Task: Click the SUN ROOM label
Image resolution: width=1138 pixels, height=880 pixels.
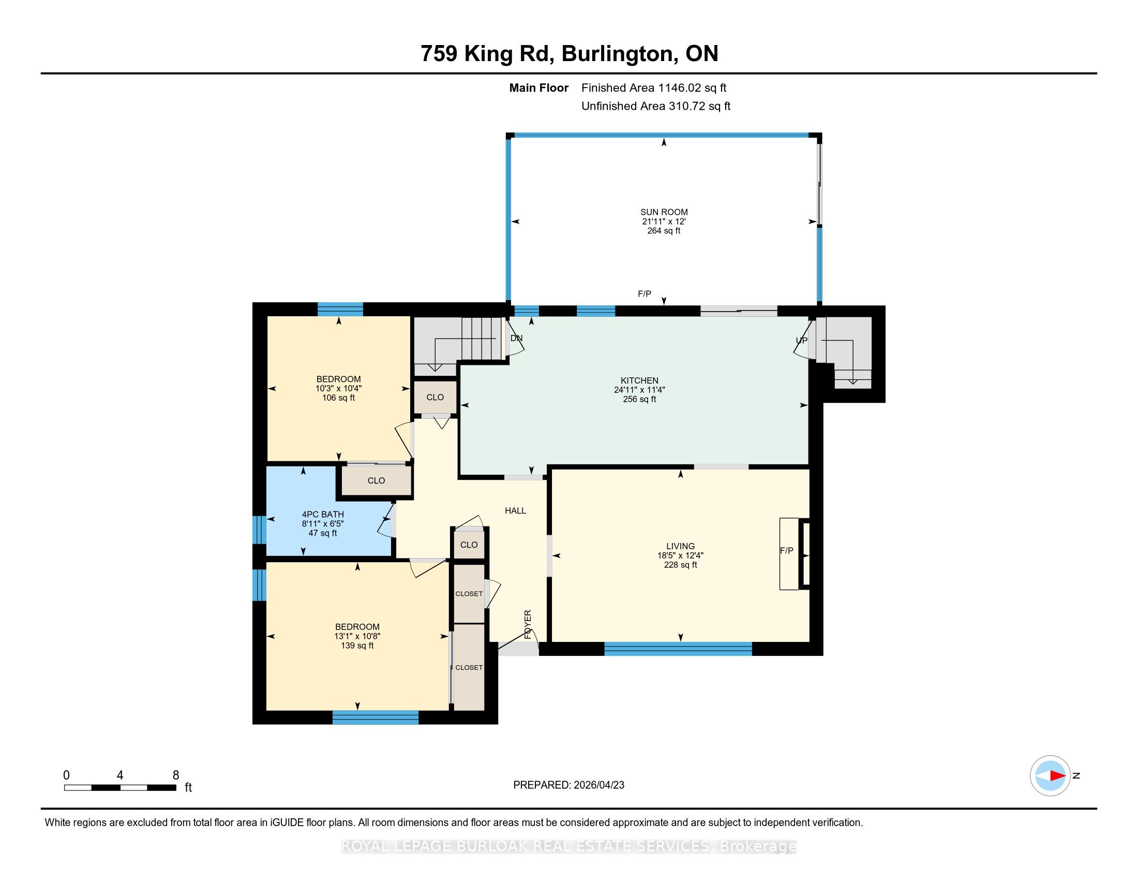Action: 664,212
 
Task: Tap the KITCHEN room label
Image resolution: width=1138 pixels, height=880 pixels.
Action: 639,380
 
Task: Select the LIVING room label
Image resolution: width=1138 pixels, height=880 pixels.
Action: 681,546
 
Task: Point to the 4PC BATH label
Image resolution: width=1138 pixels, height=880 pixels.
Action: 323,515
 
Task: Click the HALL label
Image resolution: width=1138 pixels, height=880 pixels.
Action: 515,511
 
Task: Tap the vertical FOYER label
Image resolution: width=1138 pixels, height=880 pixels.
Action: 528,625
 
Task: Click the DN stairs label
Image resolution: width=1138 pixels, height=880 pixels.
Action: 516,339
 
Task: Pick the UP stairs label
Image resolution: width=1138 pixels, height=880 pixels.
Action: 801,341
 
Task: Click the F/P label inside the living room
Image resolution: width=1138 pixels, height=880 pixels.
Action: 787,551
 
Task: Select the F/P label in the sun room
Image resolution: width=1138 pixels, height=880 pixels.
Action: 645,294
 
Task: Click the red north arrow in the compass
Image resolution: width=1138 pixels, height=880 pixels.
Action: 1057,776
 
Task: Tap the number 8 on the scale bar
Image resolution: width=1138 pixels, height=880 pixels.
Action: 175,775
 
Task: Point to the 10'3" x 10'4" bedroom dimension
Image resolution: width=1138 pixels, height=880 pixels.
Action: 339,388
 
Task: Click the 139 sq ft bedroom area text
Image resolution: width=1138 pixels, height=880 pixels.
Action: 357,646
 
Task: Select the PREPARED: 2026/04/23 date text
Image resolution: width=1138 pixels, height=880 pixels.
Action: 568,785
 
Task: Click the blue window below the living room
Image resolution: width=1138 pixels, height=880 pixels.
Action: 678,649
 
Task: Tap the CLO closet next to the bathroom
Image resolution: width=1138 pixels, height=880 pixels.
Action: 376,481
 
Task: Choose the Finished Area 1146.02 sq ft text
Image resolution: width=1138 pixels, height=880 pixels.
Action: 654,88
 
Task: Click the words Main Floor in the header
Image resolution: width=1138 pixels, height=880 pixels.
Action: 539,88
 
